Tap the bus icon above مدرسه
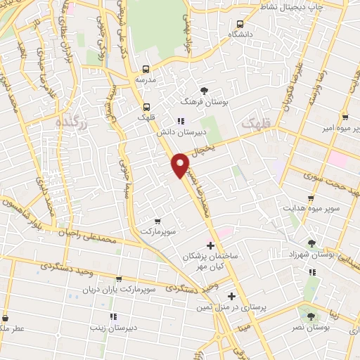(x=146, y=69)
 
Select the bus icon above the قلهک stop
(x=145, y=107)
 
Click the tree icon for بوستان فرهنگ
(x=204, y=91)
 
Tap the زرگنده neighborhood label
(x=72, y=122)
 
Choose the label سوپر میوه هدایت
(x=311, y=208)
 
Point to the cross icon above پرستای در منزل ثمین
(x=231, y=296)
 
